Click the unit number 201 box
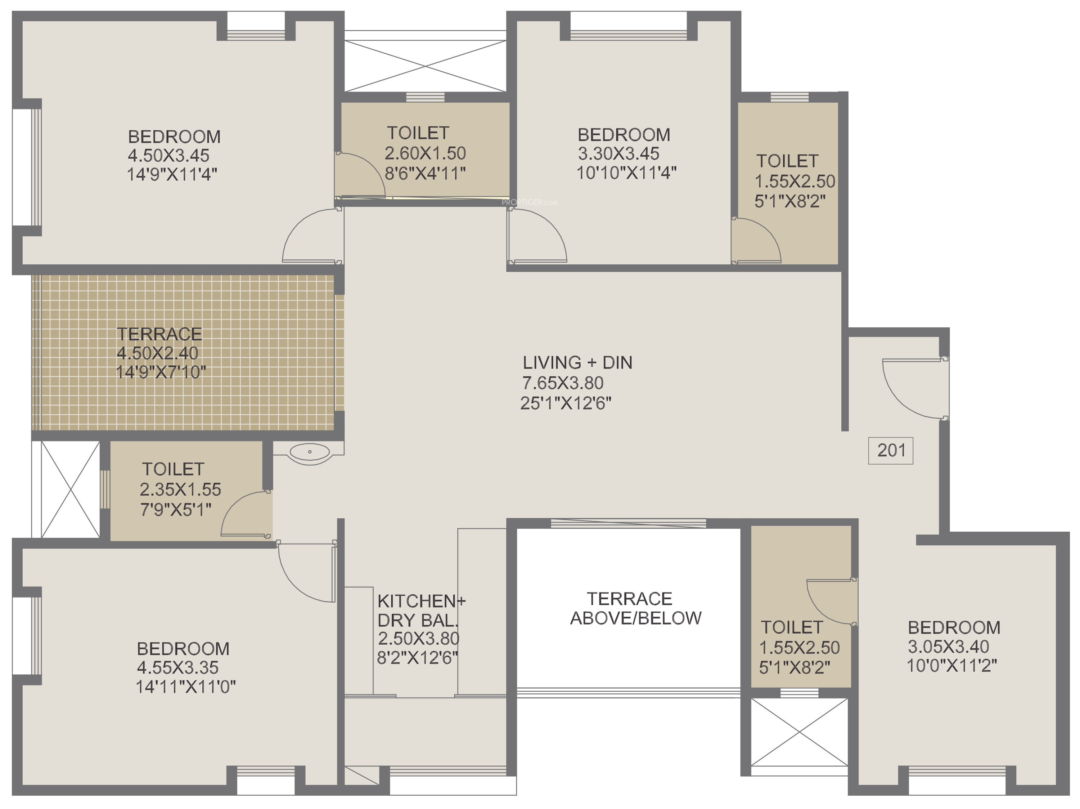click(891, 450)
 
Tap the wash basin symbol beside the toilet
click(310, 453)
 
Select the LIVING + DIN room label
click(577, 362)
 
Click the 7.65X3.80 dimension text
click(563, 383)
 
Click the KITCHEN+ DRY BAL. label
click(421, 610)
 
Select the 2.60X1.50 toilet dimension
click(425, 153)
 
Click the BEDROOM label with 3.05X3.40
click(954, 627)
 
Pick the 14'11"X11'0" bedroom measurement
click(185, 687)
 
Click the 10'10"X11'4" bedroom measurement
click(626, 173)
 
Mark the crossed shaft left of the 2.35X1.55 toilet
click(70, 490)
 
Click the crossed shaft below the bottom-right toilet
click(799, 732)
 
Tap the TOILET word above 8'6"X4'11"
click(418, 133)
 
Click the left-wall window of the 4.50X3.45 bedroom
click(27, 167)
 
